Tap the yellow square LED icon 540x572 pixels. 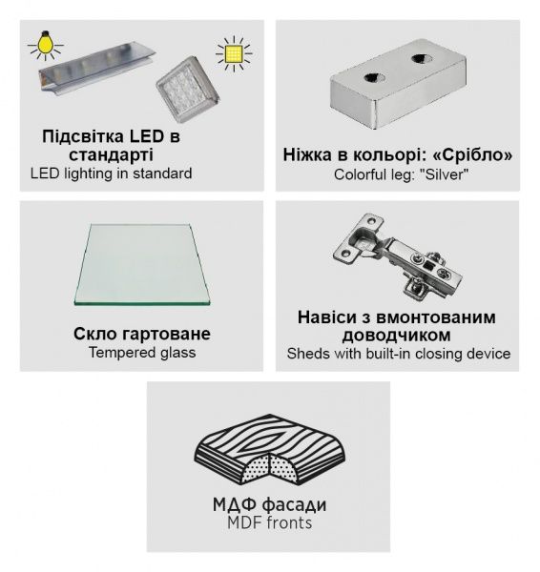[x=234, y=54]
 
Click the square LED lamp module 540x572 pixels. [x=188, y=89]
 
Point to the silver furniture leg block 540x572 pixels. [x=398, y=84]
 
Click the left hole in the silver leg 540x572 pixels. [x=374, y=77]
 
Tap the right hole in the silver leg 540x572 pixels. [x=422, y=58]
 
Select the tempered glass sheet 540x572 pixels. [x=141, y=264]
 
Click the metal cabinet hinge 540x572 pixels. [x=397, y=256]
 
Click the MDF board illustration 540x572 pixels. [x=270, y=449]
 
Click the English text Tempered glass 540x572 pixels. [x=142, y=353]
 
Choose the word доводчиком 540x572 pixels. [x=397, y=336]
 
